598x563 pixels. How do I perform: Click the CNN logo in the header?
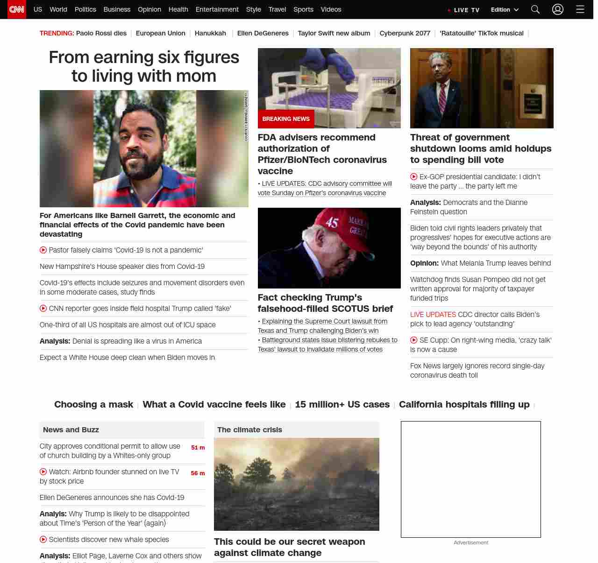(17, 9)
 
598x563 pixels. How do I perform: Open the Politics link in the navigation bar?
(85, 9)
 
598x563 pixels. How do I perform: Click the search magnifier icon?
(535, 9)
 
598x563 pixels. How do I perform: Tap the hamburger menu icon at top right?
(580, 9)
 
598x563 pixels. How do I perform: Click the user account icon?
(557, 9)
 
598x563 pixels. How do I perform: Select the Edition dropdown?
(505, 10)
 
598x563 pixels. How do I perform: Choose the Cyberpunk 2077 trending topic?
(405, 33)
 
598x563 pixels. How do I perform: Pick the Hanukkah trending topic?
(210, 33)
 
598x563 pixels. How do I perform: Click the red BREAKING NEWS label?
(286, 119)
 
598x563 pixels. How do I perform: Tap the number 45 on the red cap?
(332, 222)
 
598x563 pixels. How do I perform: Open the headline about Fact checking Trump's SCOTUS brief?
(325, 303)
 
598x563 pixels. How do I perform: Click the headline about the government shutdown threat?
(481, 148)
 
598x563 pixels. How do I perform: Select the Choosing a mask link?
(93, 404)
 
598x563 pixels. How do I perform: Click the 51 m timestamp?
(198, 447)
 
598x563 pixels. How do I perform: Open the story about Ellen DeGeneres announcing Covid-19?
(112, 498)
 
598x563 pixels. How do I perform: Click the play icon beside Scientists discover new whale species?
(43, 539)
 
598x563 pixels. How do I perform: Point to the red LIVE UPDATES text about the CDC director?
(433, 315)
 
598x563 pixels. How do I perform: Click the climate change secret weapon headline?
(289, 547)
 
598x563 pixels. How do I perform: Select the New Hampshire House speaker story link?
(122, 267)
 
